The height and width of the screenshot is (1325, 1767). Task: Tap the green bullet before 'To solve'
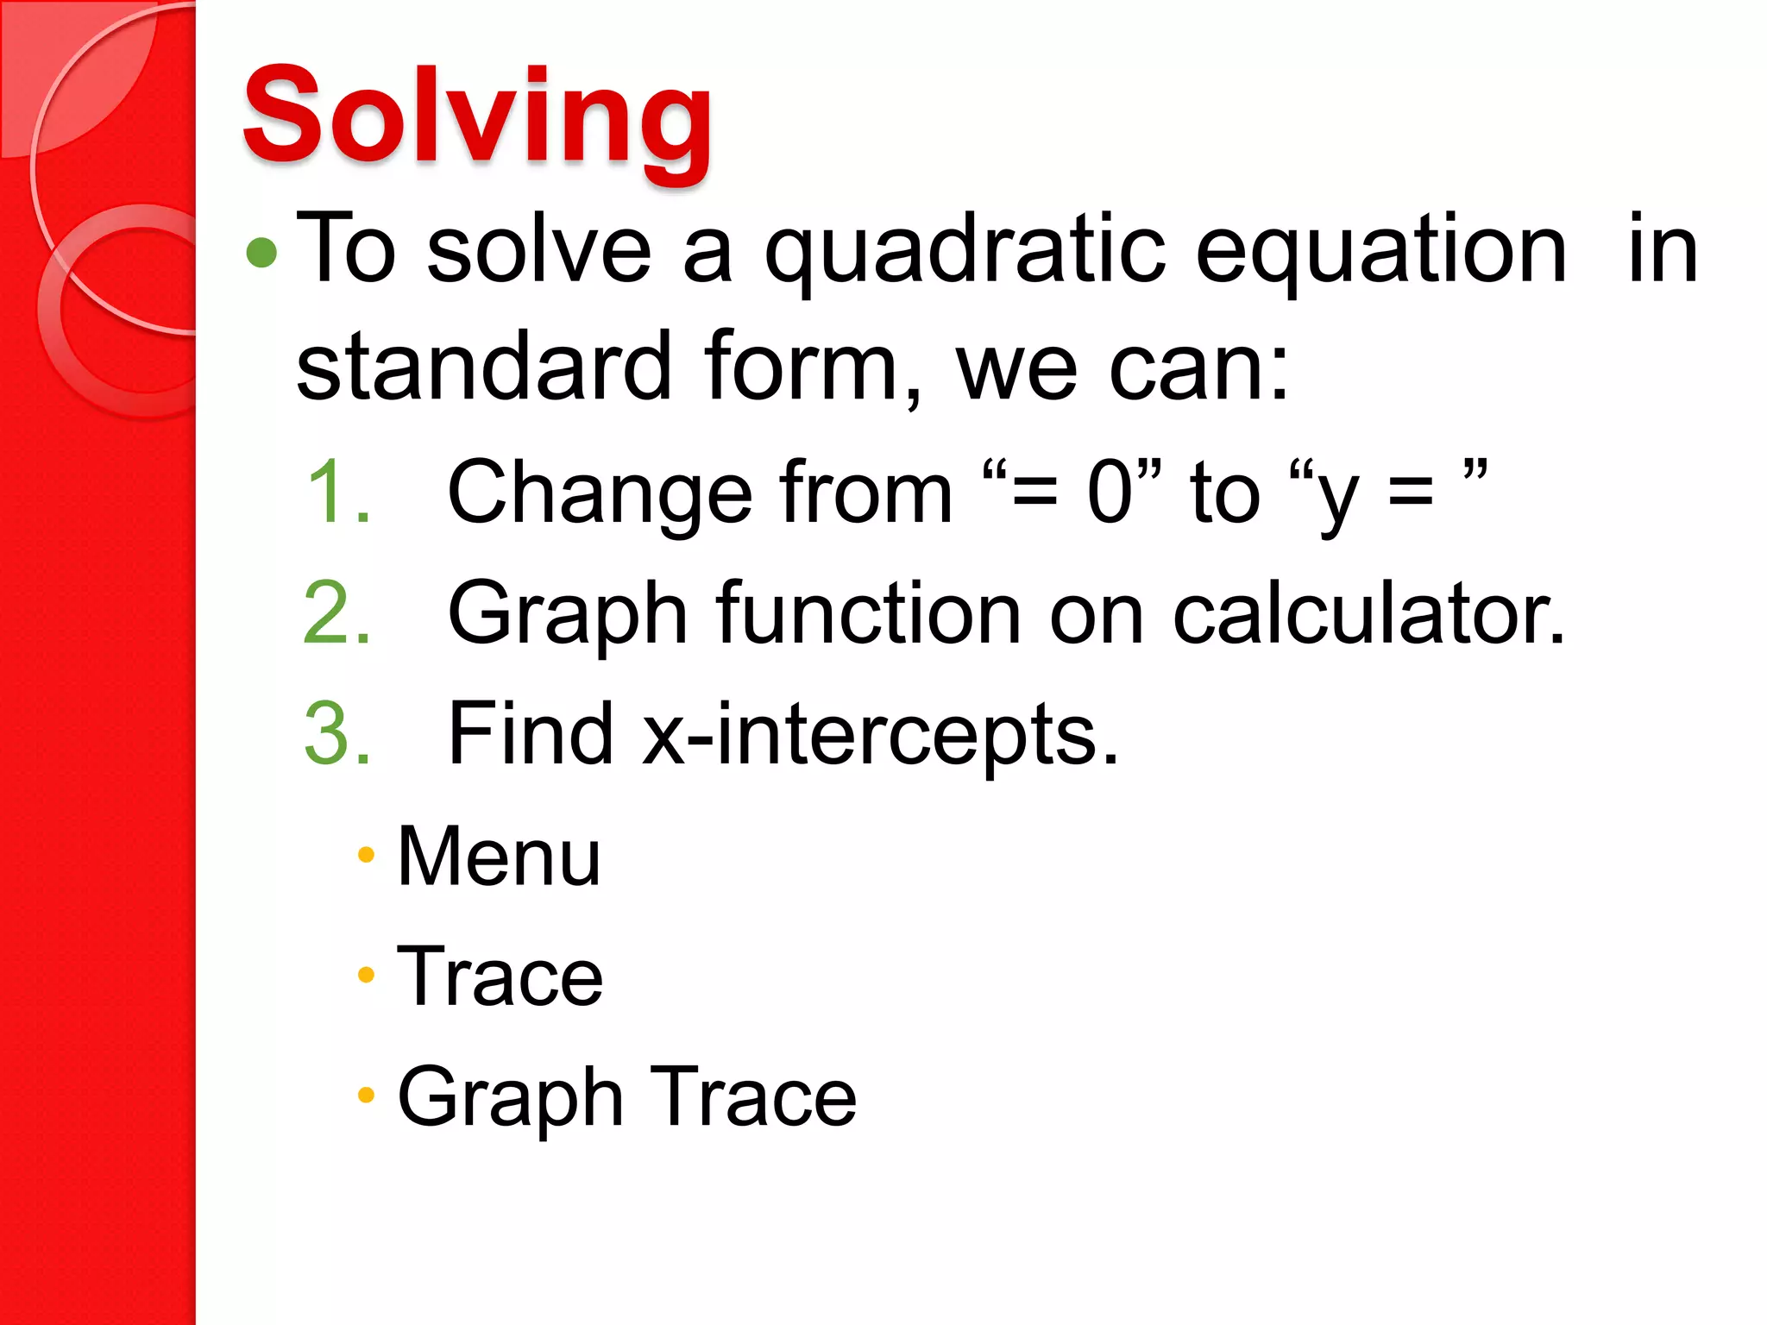[x=261, y=253]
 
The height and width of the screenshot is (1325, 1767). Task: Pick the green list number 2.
[x=337, y=612]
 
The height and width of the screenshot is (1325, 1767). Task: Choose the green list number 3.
[x=337, y=733]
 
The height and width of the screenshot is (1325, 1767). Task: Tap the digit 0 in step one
[x=1110, y=492]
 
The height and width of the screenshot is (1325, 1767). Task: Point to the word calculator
[x=1368, y=612]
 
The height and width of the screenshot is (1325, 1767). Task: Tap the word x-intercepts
[x=880, y=735]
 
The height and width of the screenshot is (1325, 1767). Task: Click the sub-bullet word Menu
[x=499, y=856]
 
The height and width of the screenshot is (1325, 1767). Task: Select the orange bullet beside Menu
[x=366, y=855]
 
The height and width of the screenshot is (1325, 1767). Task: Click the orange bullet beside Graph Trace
[x=366, y=1096]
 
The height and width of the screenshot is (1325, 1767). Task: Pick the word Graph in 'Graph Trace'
[x=510, y=1099]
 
